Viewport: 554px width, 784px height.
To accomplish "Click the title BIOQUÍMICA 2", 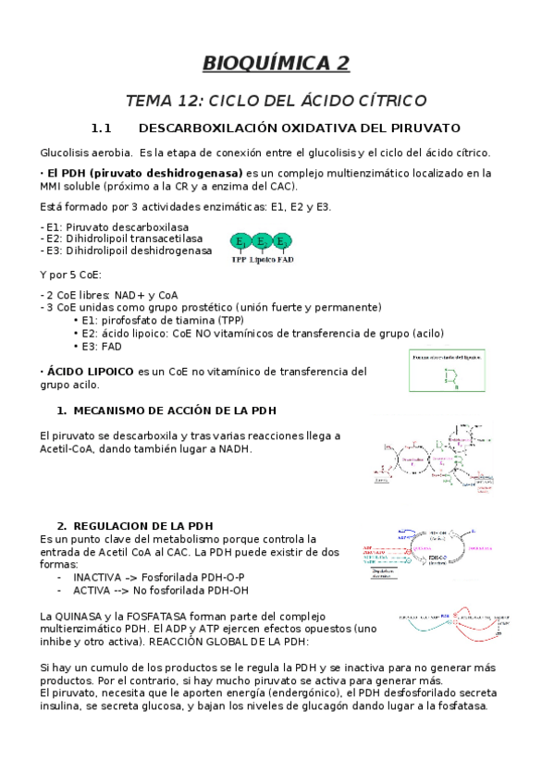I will (277, 63).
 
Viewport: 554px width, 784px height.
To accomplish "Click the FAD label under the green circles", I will (287, 260).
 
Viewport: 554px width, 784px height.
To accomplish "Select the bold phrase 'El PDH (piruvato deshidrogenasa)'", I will (145, 173).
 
